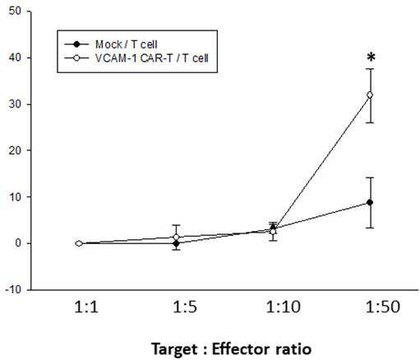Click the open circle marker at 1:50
click(x=370, y=95)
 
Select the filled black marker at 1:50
click(x=370, y=202)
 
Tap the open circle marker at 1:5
click(x=177, y=237)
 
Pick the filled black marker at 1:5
click(x=177, y=243)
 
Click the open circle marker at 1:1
click(x=79, y=243)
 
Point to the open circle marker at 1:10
click(x=273, y=232)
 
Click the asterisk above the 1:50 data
click(x=371, y=58)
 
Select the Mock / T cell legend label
click(x=127, y=44)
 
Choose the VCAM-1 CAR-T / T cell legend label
click(x=152, y=58)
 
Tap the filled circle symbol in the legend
click(x=76, y=44)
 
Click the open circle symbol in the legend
click(x=76, y=58)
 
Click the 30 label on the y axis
click(x=15, y=104)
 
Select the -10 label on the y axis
click(x=13, y=289)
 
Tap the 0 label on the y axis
click(x=18, y=243)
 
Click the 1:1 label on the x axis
click(x=86, y=307)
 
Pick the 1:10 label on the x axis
click(x=283, y=307)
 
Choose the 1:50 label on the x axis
click(x=383, y=307)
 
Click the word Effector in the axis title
click(x=239, y=349)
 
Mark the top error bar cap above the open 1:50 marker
click(x=370, y=69)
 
